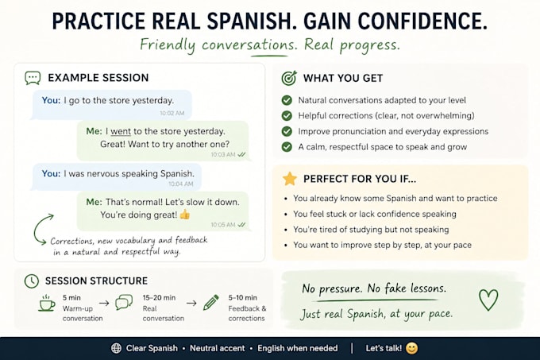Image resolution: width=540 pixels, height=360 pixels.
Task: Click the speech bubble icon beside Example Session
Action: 33,78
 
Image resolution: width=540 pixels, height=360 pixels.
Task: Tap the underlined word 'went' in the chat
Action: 121,132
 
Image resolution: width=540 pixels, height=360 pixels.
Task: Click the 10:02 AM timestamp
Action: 172,113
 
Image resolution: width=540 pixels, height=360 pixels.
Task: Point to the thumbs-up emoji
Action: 185,215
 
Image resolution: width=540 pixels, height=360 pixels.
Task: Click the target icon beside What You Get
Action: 289,78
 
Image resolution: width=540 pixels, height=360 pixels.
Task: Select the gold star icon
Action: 290,179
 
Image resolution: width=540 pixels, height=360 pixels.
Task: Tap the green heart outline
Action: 488,300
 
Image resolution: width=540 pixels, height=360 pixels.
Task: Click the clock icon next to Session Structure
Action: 32,281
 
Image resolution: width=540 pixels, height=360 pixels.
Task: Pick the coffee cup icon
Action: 47,303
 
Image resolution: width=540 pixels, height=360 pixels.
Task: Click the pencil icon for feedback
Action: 210,303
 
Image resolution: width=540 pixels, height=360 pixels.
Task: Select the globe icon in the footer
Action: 116,348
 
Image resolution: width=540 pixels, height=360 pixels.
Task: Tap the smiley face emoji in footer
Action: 411,348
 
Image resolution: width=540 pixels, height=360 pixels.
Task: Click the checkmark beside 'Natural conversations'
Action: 287,100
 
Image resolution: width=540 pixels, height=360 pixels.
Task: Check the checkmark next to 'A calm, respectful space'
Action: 287,147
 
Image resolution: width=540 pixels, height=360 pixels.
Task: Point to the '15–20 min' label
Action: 159,298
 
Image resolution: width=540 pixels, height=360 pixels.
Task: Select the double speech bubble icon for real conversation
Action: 124,302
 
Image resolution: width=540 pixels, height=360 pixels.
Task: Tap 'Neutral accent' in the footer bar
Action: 218,348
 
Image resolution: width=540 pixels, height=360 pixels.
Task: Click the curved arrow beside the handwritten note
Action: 37,229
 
